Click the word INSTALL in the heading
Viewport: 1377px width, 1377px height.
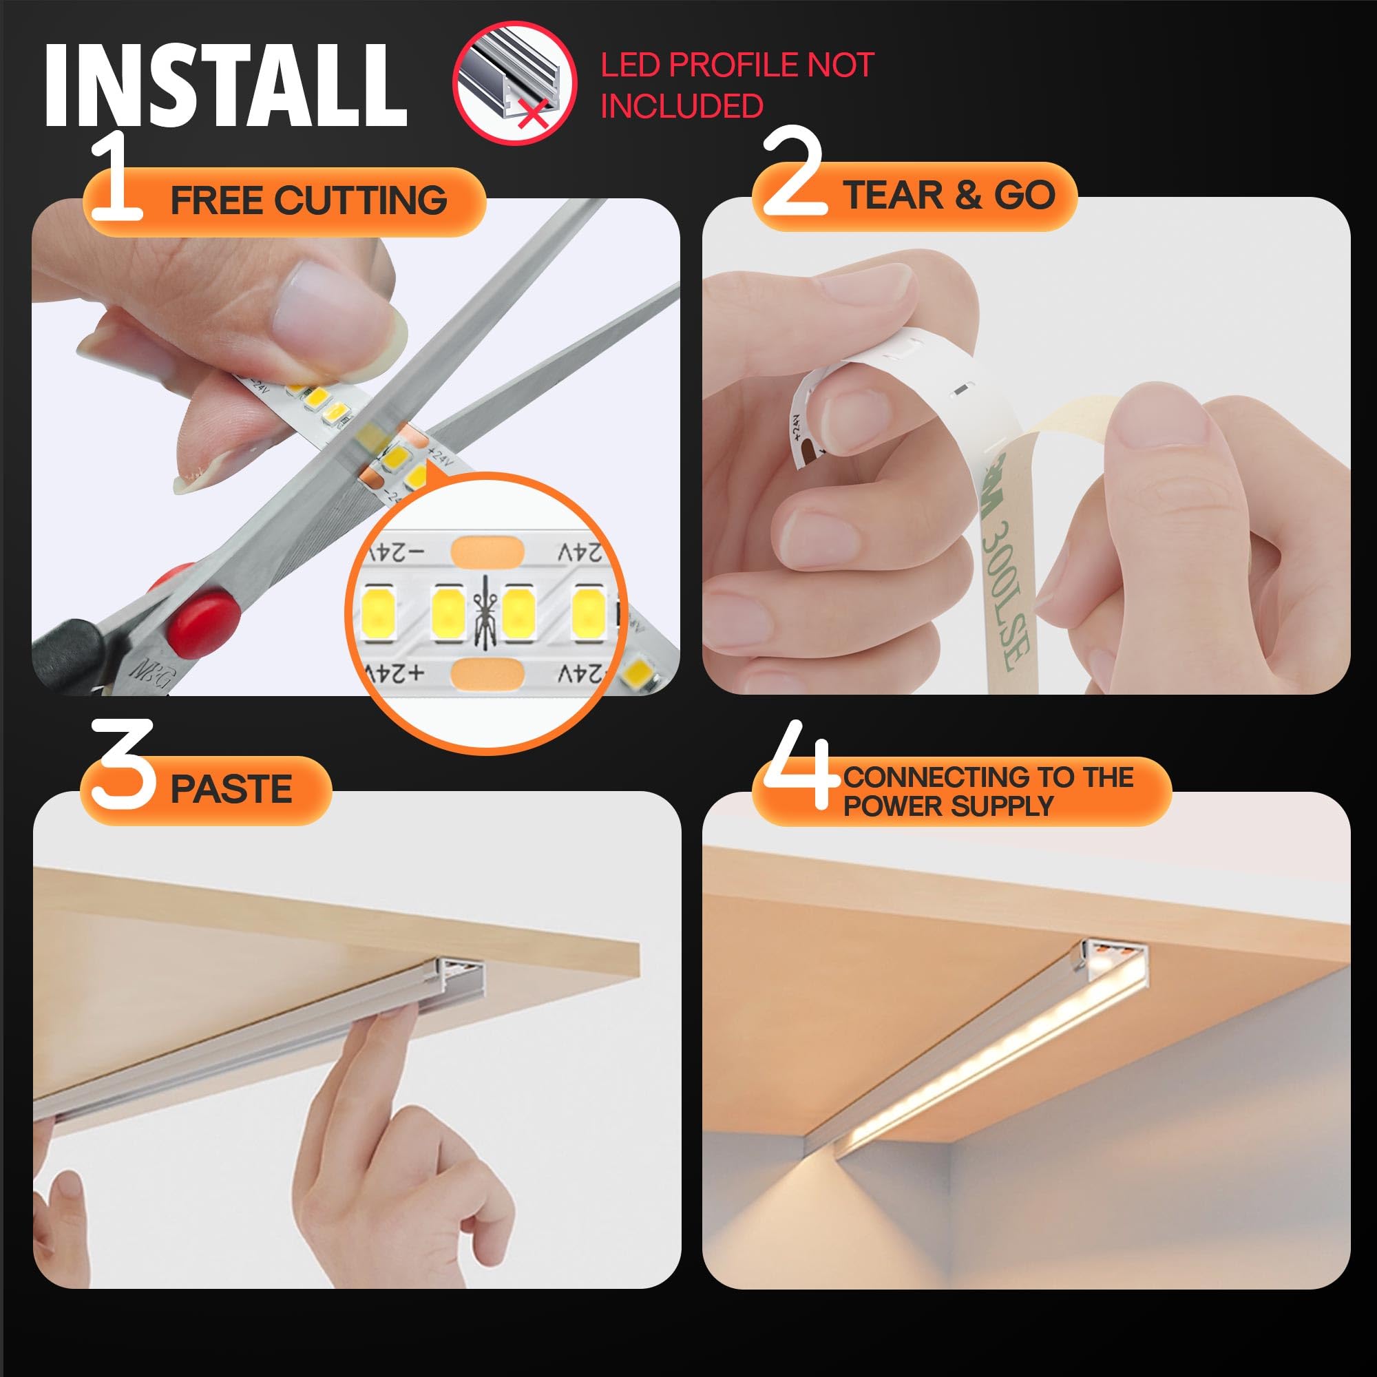(x=224, y=85)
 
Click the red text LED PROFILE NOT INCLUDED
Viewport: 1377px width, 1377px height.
(x=736, y=85)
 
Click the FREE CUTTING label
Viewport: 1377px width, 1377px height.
(x=308, y=200)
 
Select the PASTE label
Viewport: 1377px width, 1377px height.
(x=231, y=789)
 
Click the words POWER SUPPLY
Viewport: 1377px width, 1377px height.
(x=947, y=806)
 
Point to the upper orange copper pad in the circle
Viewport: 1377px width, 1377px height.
(x=487, y=551)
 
